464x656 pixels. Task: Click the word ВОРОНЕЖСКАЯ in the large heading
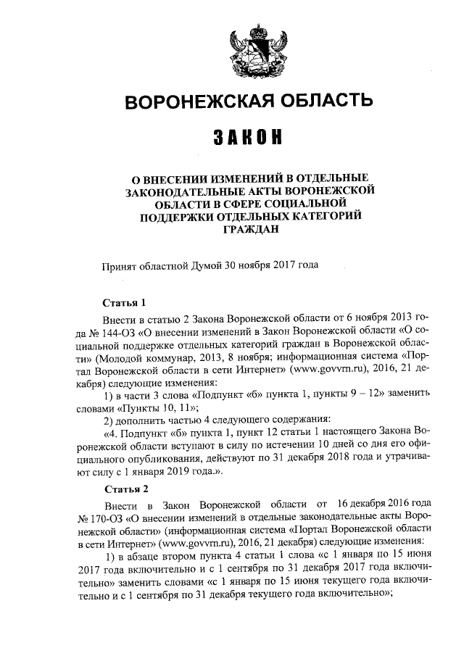[x=199, y=102]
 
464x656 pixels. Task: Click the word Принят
[x=117, y=265]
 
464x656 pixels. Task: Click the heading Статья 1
[x=125, y=302]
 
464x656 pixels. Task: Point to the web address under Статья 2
[x=203, y=543]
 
